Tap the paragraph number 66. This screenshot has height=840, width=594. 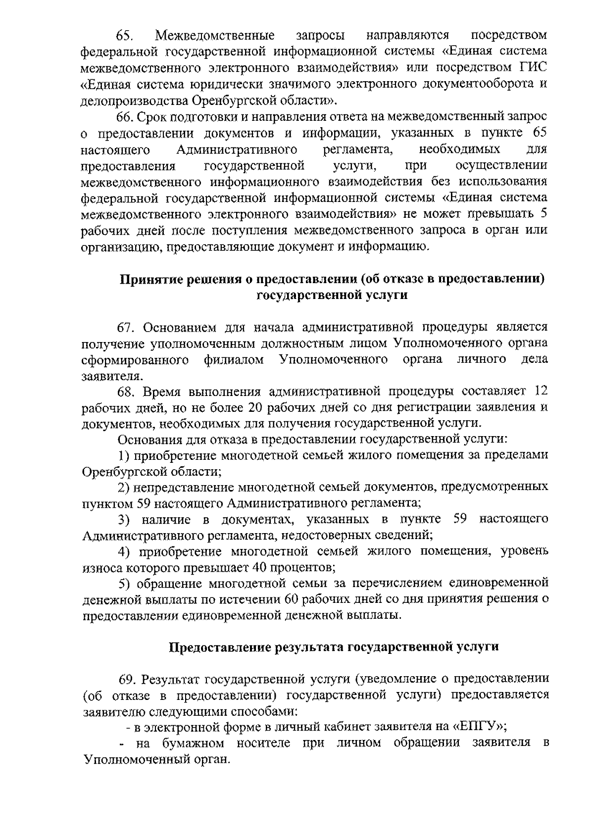pyautogui.click(x=125, y=117)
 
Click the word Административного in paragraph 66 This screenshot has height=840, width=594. pyautogui.click(x=237, y=149)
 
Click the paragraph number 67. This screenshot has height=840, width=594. pyautogui.click(x=126, y=328)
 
